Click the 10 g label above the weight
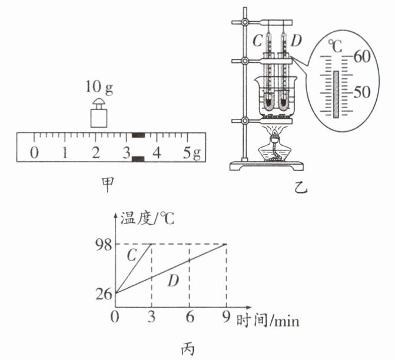point(99,88)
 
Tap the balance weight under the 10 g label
point(99,113)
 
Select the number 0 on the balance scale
point(35,152)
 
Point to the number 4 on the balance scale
point(157,152)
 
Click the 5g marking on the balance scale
point(192,153)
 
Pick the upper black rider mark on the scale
point(138,135)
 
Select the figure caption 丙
point(188,349)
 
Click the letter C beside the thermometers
point(257,41)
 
